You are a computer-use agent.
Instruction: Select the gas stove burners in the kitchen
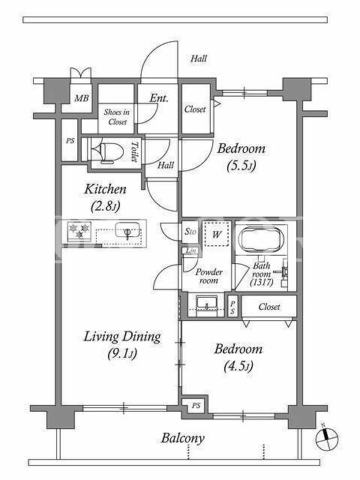tap(79, 231)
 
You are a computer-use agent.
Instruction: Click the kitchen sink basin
tap(127, 230)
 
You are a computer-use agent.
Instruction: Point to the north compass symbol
tap(326, 439)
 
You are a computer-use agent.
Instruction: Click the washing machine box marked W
tap(217, 235)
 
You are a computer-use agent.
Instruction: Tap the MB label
tap(82, 98)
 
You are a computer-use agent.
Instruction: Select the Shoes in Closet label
tap(116, 117)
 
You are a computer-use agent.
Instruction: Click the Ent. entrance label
tap(159, 98)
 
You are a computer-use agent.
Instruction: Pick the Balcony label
tap(183, 438)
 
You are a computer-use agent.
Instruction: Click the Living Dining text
tap(122, 337)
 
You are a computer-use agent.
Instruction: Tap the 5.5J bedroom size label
tap(241, 166)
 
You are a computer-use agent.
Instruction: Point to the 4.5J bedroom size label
tap(238, 366)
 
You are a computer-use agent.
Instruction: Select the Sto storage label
tap(190, 232)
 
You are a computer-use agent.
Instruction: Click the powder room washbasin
tap(206, 304)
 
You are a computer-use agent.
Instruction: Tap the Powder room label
tap(209, 276)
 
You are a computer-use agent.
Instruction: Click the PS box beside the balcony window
tap(196, 406)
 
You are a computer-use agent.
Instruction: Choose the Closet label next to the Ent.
tap(195, 109)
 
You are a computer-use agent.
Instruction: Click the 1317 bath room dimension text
tap(262, 282)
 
